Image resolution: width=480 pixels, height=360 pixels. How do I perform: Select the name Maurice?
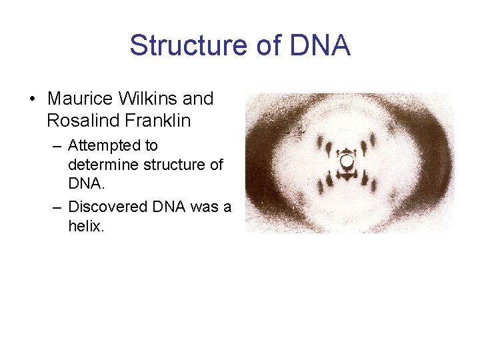(x=80, y=99)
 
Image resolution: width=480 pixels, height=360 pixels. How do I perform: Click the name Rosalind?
(x=79, y=121)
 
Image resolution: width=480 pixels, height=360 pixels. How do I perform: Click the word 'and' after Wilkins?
(x=198, y=99)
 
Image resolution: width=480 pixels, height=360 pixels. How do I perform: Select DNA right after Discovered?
(x=169, y=207)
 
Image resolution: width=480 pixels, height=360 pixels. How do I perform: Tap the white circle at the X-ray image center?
(x=347, y=161)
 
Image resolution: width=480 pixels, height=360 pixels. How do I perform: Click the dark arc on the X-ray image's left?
(x=261, y=163)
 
